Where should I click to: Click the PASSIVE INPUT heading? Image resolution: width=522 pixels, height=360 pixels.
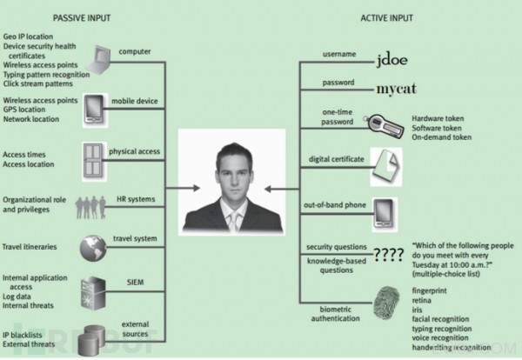(x=82, y=18)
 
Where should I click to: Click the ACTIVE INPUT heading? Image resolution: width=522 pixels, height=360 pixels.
(x=386, y=18)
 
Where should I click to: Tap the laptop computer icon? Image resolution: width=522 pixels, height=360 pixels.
(x=99, y=60)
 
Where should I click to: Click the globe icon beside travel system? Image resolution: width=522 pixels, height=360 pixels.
(x=93, y=248)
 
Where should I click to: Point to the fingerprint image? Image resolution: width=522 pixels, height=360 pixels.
(x=387, y=303)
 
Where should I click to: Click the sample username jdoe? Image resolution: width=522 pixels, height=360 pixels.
(x=391, y=60)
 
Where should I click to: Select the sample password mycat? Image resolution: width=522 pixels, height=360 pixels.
(x=396, y=89)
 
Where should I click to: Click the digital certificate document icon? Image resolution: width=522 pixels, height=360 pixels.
(x=385, y=167)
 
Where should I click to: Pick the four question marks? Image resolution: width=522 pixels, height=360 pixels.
(x=389, y=255)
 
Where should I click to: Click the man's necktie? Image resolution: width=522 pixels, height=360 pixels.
(x=234, y=220)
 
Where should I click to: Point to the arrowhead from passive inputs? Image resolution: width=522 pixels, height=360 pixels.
(x=197, y=189)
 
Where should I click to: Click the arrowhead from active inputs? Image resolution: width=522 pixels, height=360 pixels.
(x=268, y=189)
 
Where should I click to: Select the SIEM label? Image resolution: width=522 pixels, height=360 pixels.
(x=135, y=283)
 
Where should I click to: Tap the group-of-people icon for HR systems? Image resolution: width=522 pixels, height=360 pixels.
(x=90, y=207)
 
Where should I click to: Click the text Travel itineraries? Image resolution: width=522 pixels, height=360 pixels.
(x=30, y=247)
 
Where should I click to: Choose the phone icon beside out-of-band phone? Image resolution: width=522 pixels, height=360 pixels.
(x=385, y=214)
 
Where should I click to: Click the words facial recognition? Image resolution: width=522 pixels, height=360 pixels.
(x=440, y=319)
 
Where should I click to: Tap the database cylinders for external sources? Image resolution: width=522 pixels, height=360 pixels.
(x=91, y=340)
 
